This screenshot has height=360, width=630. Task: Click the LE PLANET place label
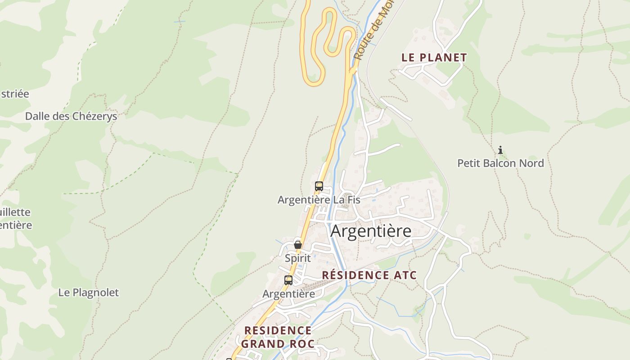pos(434,58)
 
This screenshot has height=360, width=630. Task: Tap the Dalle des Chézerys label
pos(71,116)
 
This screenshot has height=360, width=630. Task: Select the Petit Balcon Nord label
pos(500,163)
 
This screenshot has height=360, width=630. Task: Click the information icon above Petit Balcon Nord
pos(500,150)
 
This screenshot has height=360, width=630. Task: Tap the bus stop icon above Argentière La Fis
pos(319,186)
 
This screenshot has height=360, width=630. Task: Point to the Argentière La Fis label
pos(319,199)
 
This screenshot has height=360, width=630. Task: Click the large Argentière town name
pos(371,231)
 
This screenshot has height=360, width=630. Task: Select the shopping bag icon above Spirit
pos(297,245)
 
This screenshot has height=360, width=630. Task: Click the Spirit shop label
pos(297,258)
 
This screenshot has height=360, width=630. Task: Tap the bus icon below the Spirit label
pos(288,280)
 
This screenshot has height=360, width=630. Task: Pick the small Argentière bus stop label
pos(288,294)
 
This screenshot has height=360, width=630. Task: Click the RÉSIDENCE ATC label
pos(369,275)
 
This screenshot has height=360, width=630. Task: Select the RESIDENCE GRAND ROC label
pos(278,337)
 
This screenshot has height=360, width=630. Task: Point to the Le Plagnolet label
pos(89,292)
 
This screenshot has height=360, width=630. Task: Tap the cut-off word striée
pos(14,94)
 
